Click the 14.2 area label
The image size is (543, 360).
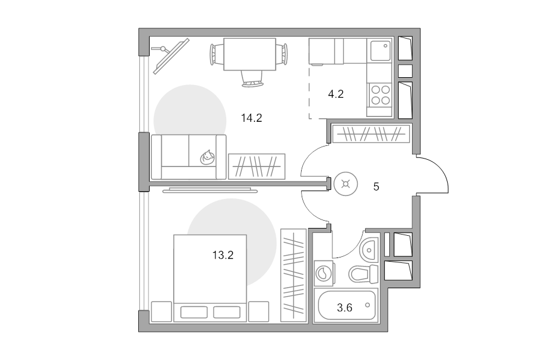252,118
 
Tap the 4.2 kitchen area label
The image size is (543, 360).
335,94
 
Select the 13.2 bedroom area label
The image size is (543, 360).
223,255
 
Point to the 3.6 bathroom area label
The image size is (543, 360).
345,308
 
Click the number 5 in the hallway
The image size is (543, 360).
376,187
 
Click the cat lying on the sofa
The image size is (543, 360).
207,157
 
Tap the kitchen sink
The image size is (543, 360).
380,51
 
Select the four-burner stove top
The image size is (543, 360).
380,95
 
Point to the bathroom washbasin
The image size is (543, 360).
369,250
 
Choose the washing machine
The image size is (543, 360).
325,273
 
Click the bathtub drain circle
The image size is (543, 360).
367,305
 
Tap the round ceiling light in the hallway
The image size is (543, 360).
346,184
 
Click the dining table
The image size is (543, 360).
250,54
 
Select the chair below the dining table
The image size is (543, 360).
252,78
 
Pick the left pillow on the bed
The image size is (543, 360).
194,312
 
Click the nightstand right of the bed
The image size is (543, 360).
259,312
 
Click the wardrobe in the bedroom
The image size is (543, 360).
293,275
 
